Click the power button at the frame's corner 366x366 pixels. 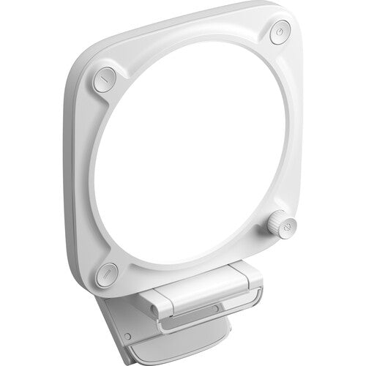click(x=280, y=33)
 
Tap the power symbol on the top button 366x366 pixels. click(x=280, y=32)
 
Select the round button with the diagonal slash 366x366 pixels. click(x=108, y=272)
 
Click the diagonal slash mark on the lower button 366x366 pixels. click(x=108, y=272)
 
